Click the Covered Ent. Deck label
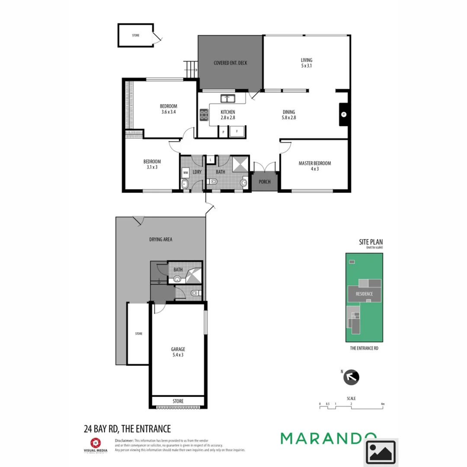pos(230,63)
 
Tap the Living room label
pos(307,63)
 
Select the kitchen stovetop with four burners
pos(204,115)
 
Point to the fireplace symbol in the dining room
pos(344,114)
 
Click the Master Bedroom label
pos(314,166)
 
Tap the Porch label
pos(265,182)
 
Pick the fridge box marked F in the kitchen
pos(237,131)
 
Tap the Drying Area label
pos(161,239)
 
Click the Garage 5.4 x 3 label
pos(178,352)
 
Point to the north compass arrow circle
pos(351,377)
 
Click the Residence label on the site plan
pos(364,294)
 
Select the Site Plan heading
pos(371,243)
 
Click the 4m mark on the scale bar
pos(383,404)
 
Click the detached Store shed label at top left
pos(136,35)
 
